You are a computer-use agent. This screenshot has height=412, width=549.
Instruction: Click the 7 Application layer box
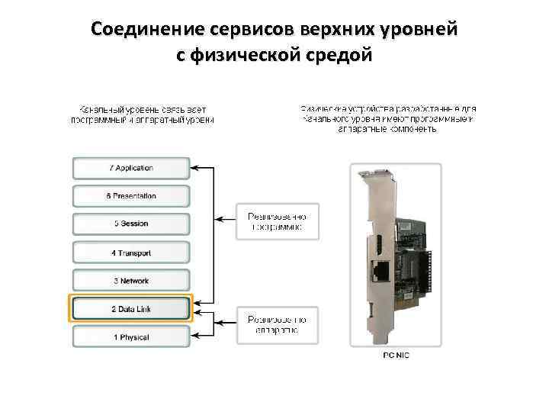[x=131, y=168]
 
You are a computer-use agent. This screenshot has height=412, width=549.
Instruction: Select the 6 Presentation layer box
[x=131, y=196]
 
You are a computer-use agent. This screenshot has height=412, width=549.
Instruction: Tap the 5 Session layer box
[x=131, y=224]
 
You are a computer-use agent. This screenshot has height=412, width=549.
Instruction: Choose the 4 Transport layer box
[x=131, y=253]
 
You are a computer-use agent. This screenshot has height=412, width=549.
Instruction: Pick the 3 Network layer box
[x=131, y=281]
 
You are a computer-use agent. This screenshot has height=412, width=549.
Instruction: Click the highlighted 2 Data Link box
[x=131, y=309]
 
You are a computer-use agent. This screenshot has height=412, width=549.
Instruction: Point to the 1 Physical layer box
[x=131, y=337]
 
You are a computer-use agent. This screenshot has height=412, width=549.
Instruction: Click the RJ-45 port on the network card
[x=379, y=269]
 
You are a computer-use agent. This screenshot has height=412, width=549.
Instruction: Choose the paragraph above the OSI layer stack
[x=143, y=114]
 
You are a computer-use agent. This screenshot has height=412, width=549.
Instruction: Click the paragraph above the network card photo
[x=388, y=119]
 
